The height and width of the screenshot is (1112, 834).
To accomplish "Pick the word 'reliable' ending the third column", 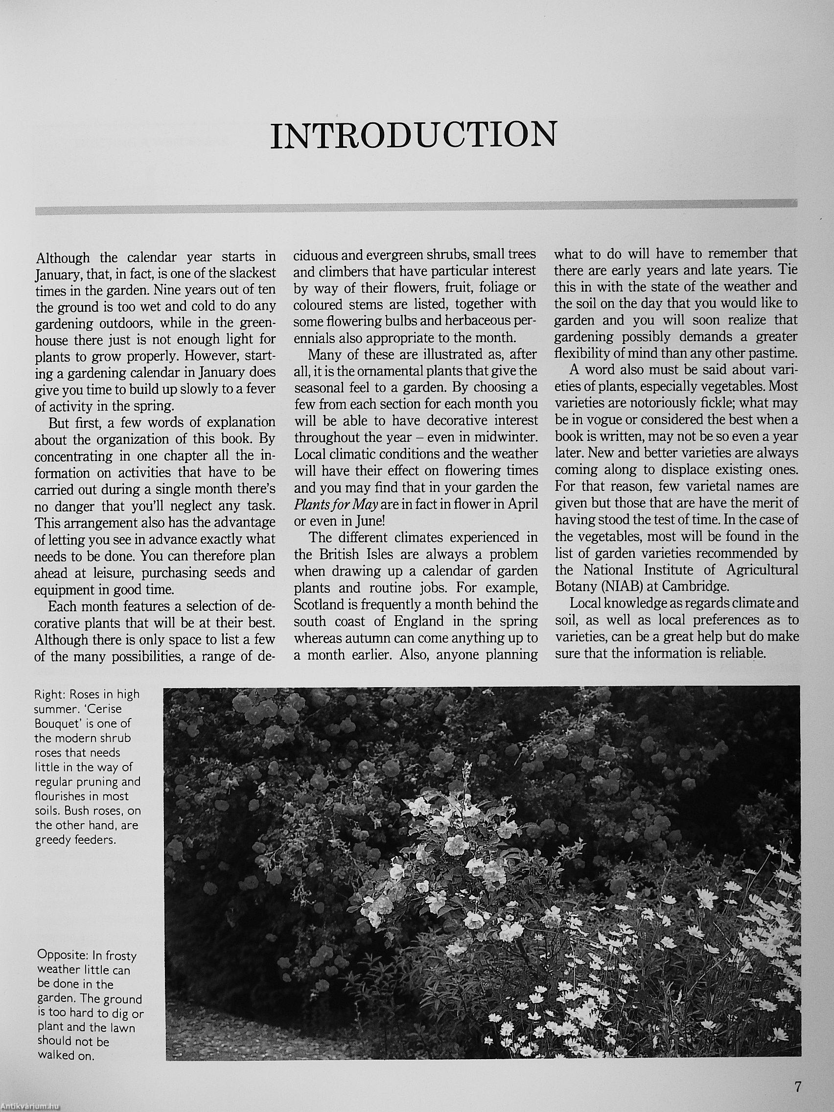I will coord(743,653).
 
